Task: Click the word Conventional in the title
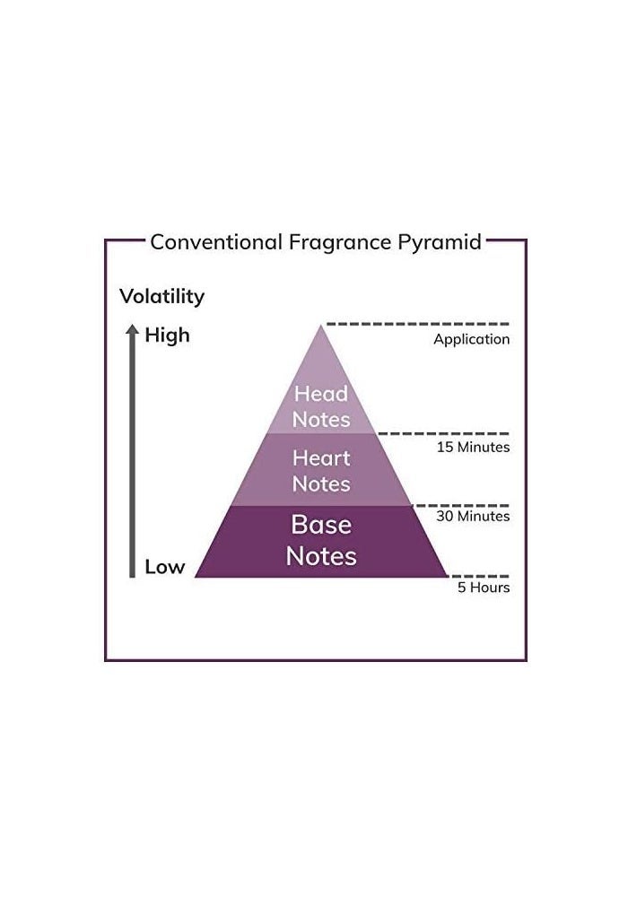click(216, 242)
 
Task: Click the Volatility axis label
click(162, 296)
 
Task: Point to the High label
click(168, 335)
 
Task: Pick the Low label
click(165, 567)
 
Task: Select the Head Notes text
click(321, 405)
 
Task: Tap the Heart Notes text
click(321, 471)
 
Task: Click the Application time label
click(471, 340)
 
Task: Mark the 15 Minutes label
click(474, 447)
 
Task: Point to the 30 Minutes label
click(474, 517)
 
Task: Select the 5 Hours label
click(484, 588)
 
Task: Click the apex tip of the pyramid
click(321, 327)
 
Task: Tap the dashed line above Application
click(417, 324)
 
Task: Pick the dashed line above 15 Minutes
click(443, 433)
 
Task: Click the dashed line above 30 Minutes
click(460, 505)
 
